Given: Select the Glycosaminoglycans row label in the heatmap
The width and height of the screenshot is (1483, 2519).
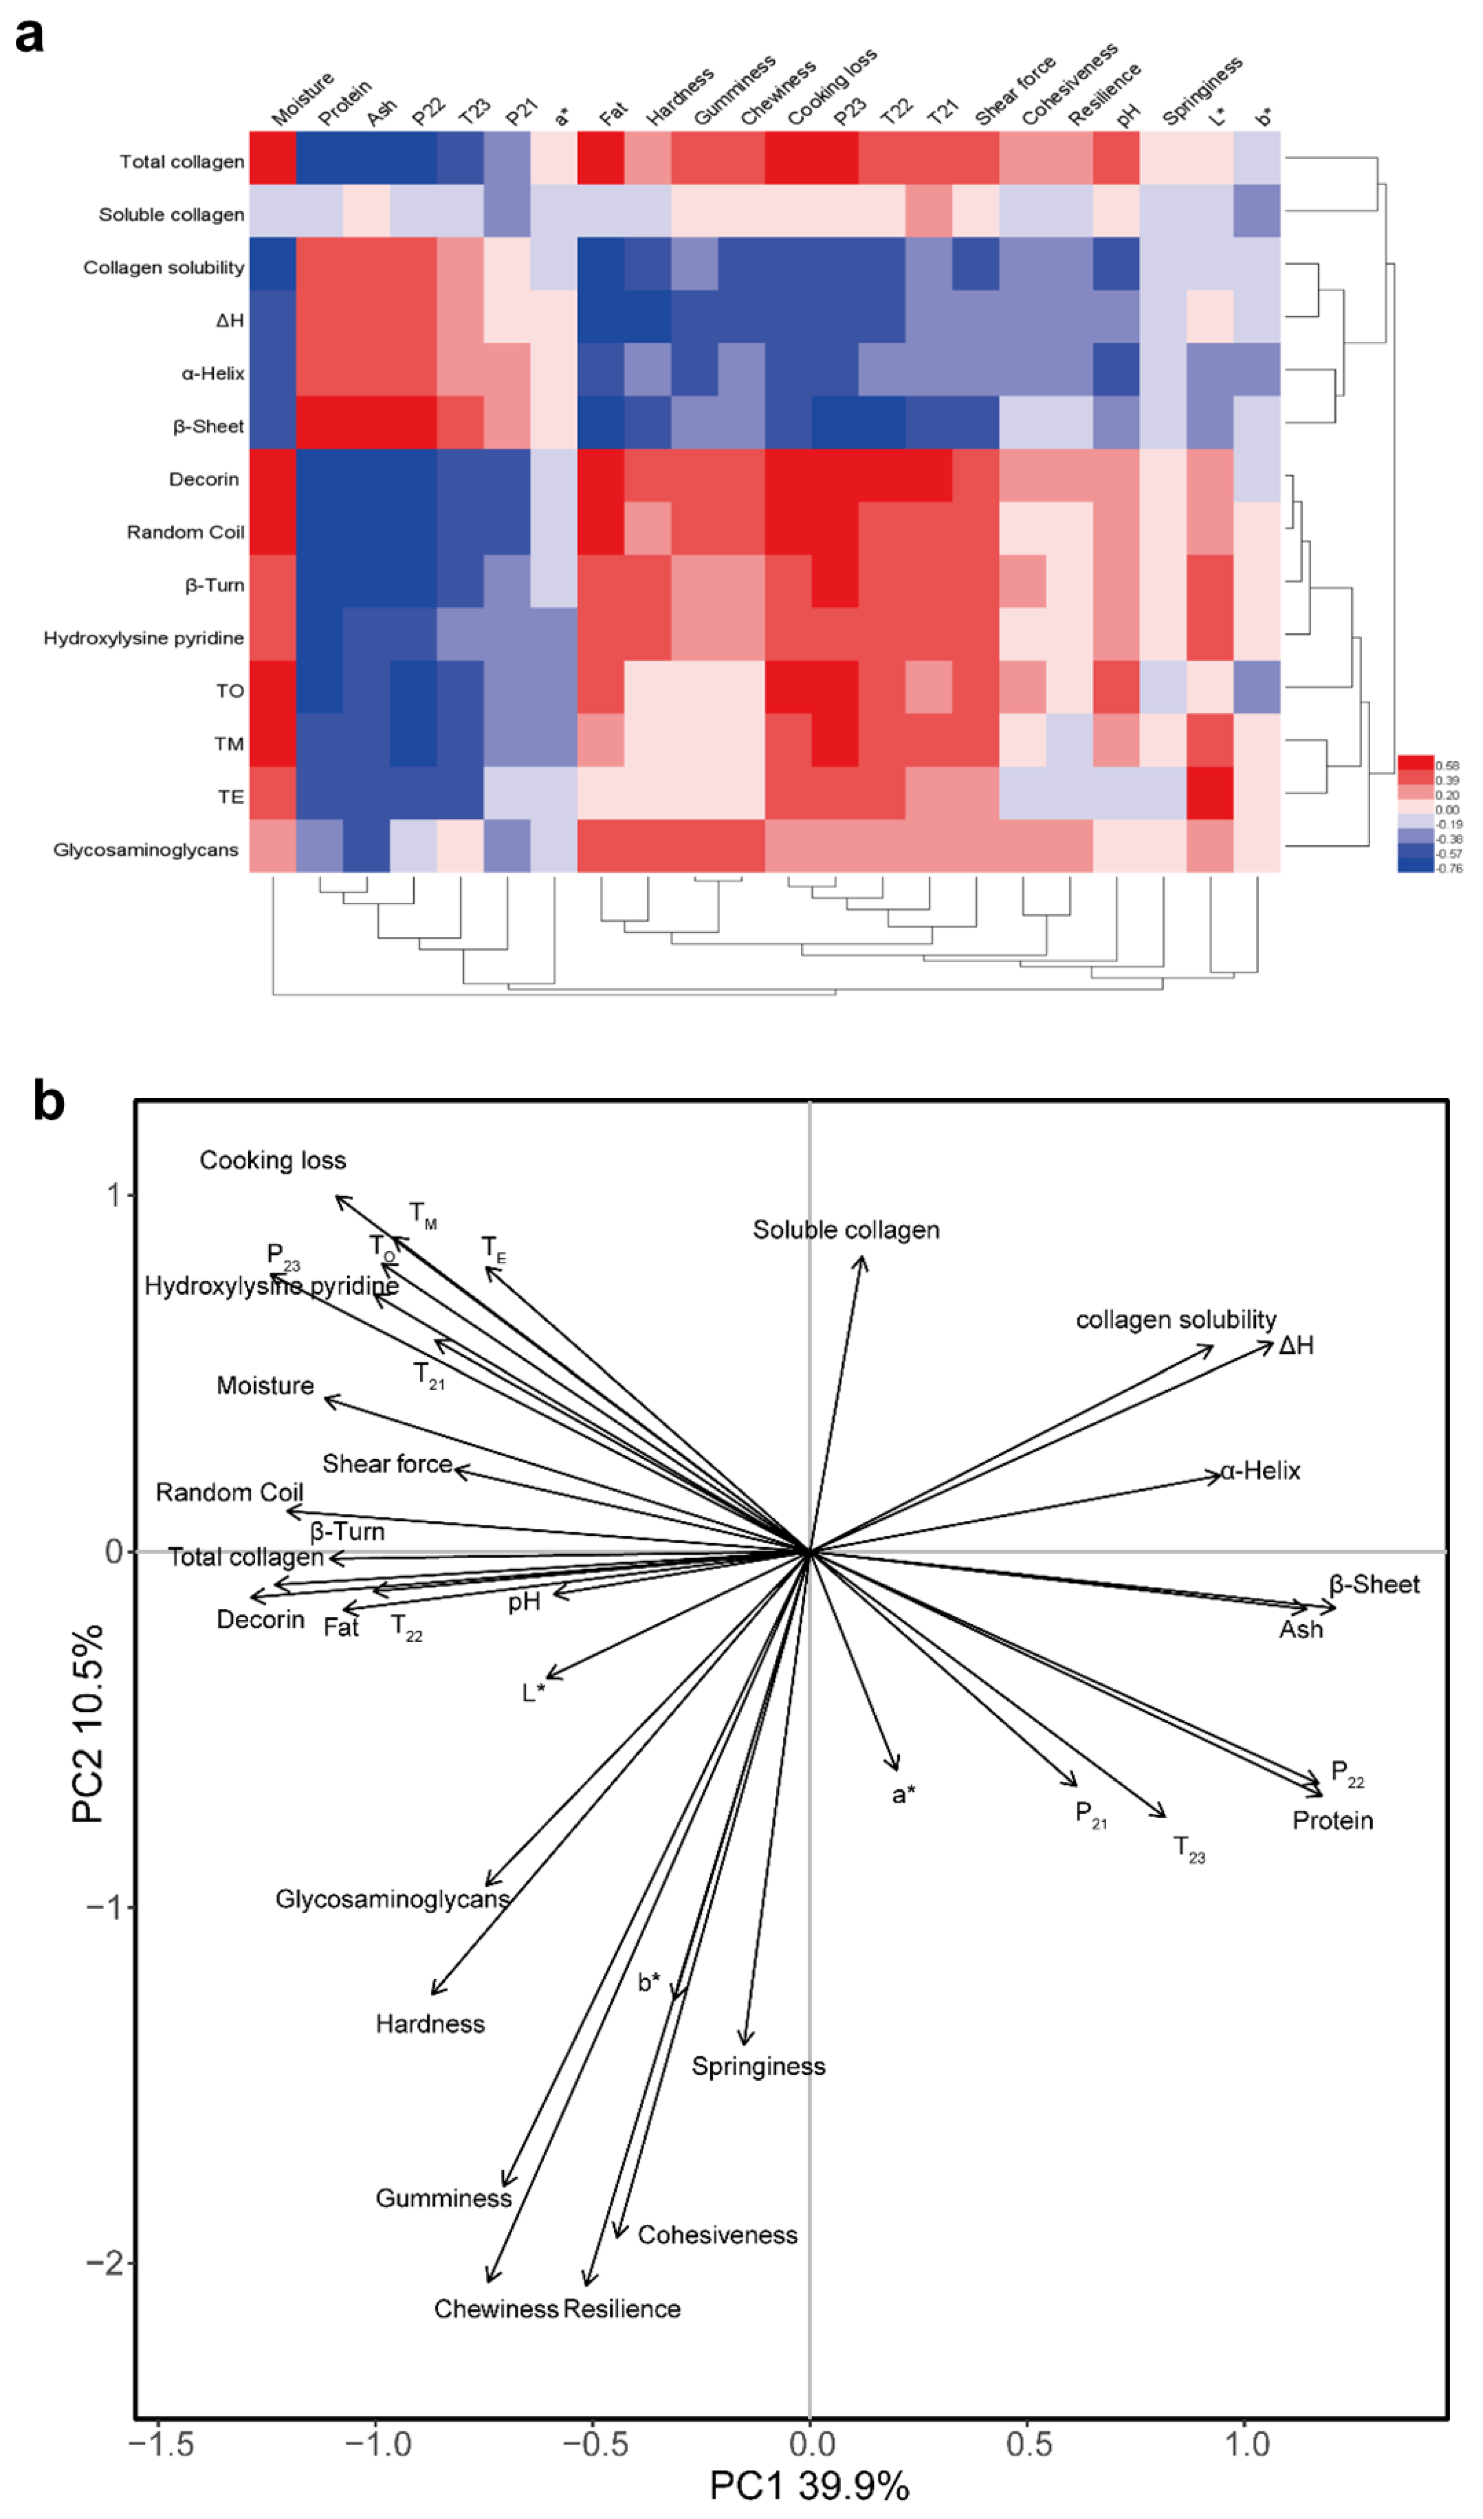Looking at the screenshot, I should coord(146,850).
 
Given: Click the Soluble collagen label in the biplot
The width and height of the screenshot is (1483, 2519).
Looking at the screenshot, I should coord(846,1230).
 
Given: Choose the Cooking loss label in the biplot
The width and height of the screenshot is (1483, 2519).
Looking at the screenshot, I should coord(272,1161).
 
